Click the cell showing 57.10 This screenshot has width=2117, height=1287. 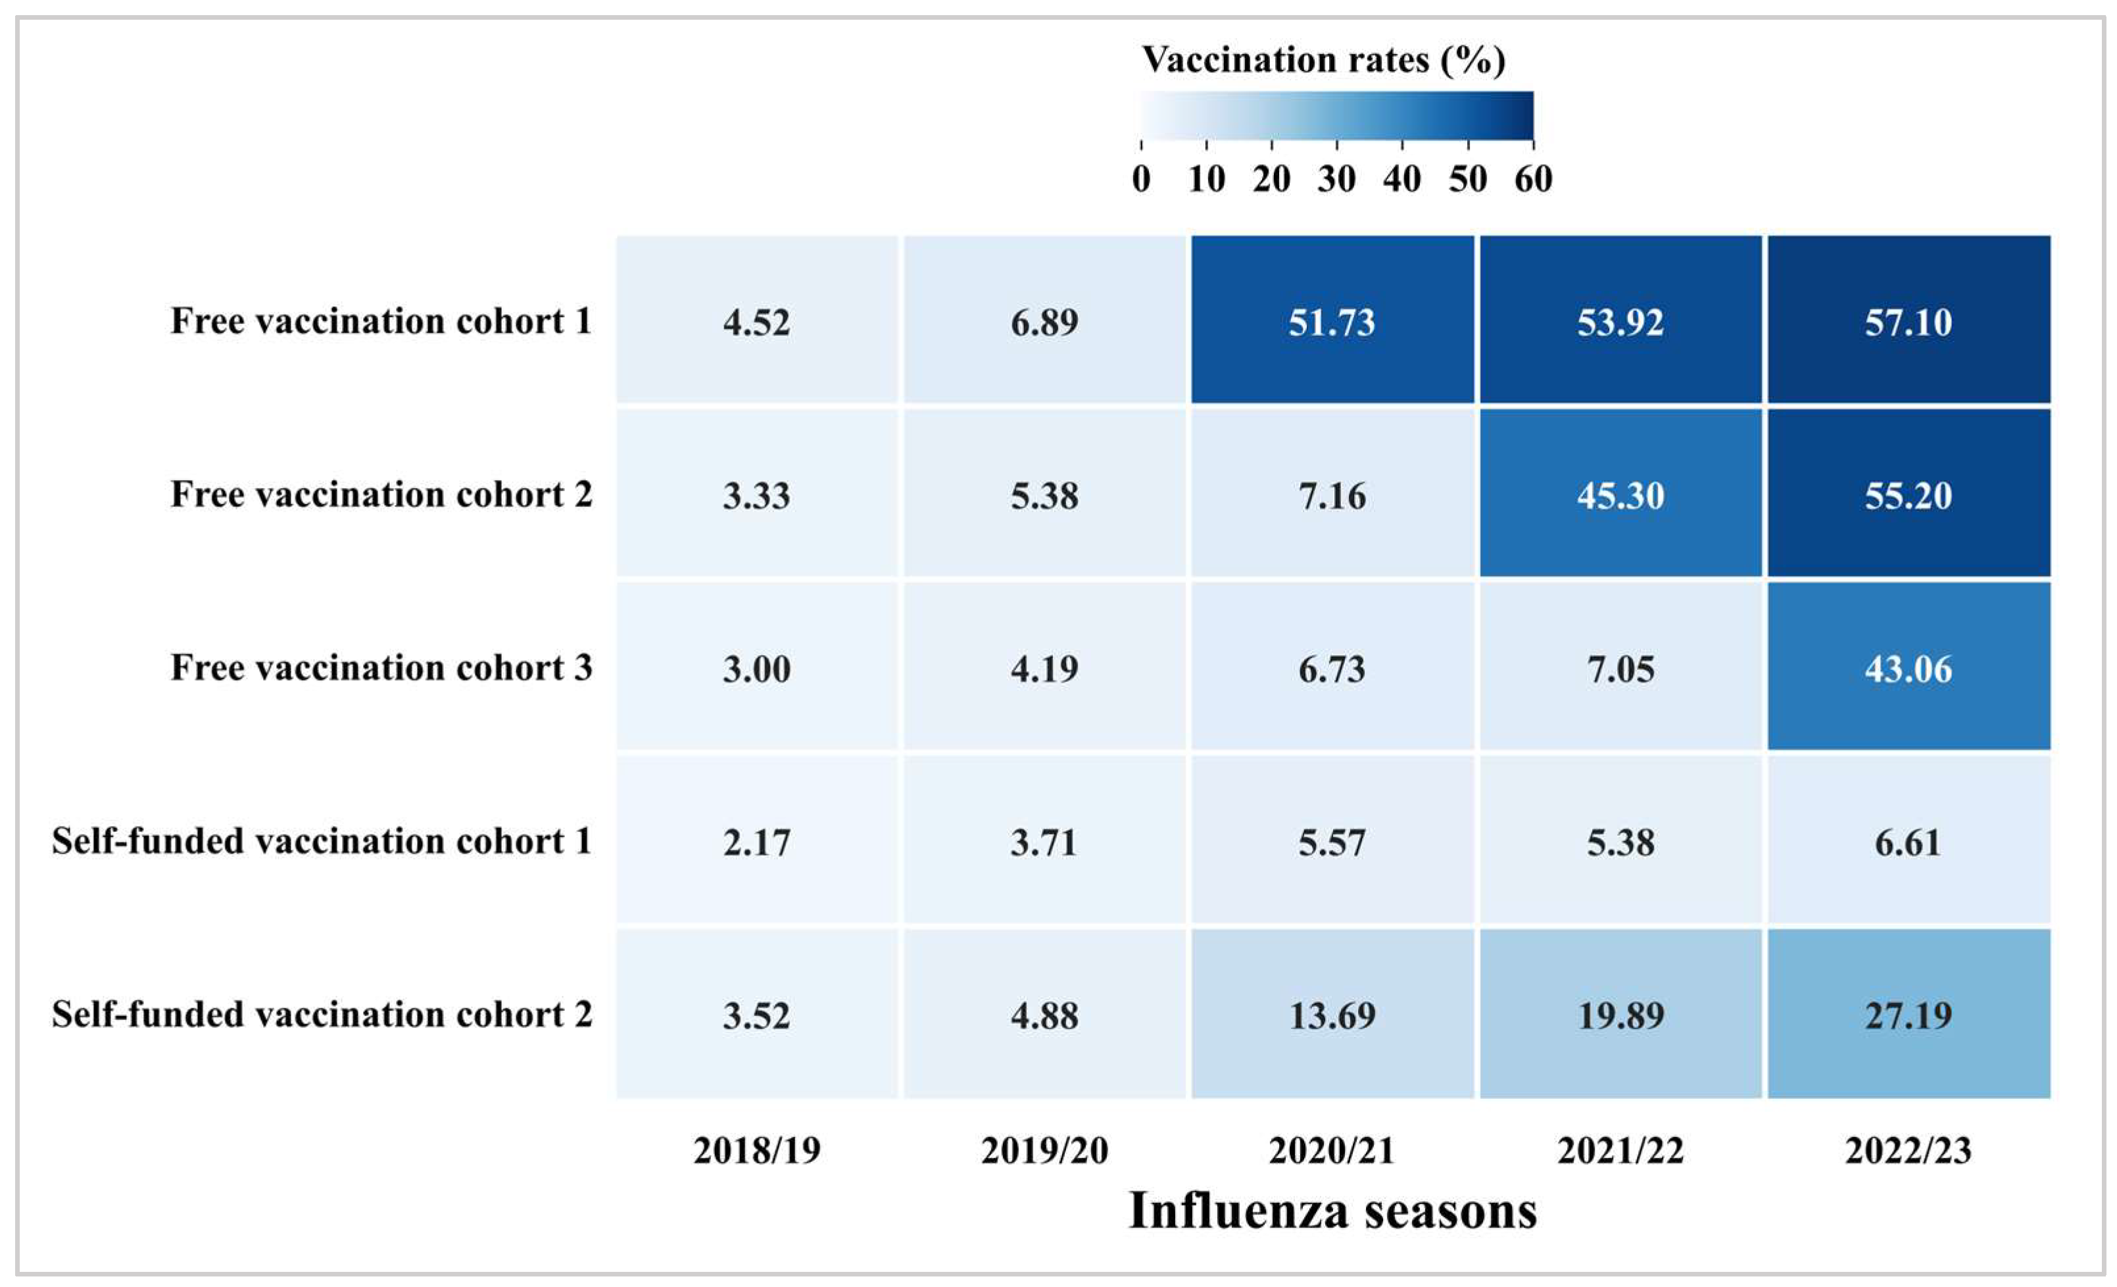[x=1909, y=322]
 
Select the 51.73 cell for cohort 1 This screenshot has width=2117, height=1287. [x=1332, y=322]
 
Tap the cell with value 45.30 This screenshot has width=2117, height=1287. [x=1620, y=495]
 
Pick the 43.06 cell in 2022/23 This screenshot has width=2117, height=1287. [x=1909, y=668]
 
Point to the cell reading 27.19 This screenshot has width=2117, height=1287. [x=1909, y=1015]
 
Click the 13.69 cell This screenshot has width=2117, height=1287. [x=1332, y=1015]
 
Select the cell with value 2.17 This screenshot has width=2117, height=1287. [x=756, y=841]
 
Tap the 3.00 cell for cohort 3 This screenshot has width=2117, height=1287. [x=756, y=668]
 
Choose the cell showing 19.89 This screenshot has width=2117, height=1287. [x=1620, y=1015]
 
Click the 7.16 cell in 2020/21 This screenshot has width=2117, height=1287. [x=1332, y=495]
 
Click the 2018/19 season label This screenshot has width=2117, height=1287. [x=757, y=1150]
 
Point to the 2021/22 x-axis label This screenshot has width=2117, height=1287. [x=1620, y=1150]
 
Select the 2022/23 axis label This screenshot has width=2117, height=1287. [x=1909, y=1150]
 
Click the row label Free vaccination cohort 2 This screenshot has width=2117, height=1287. [x=381, y=494]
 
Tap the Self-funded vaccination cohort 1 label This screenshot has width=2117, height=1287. [x=322, y=841]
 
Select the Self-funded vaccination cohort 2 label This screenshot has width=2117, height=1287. [x=322, y=1015]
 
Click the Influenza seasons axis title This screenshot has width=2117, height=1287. [x=1332, y=1211]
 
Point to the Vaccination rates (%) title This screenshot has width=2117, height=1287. [x=1323, y=59]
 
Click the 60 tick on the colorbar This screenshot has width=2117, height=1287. [x=1533, y=179]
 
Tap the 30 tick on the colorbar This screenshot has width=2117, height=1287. [x=1337, y=179]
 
